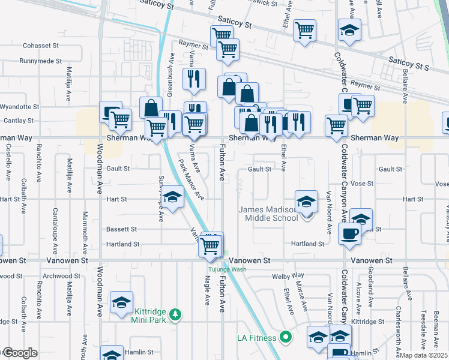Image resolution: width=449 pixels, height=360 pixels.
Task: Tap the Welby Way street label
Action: tap(285, 277)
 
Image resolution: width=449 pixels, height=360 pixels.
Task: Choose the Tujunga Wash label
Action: tap(223, 269)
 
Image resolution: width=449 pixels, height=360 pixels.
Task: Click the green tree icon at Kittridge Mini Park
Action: tap(175, 314)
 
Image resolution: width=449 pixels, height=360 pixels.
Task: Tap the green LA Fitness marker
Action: tap(286, 337)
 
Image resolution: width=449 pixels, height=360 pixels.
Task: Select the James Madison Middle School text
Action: tap(268, 214)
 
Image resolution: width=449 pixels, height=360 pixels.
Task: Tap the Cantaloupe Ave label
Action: tap(55, 229)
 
